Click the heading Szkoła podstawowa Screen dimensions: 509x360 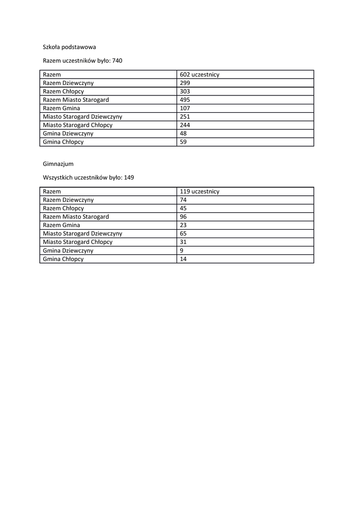(69, 47)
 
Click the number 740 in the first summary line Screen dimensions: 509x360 (117, 61)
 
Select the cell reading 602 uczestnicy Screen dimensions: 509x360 (199, 75)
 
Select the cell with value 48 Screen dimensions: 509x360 (183, 134)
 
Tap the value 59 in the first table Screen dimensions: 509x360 (183, 142)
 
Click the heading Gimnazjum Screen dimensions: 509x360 (58, 164)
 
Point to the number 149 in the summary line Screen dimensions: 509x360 (129, 177)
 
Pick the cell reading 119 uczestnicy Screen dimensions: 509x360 (199, 191)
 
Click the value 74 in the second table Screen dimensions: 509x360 (183, 200)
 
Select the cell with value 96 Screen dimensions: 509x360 (183, 217)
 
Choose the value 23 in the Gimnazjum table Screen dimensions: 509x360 (183, 225)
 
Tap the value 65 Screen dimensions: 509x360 (183, 234)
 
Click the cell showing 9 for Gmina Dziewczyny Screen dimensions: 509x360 (181, 251)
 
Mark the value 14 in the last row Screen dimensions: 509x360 (183, 259)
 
